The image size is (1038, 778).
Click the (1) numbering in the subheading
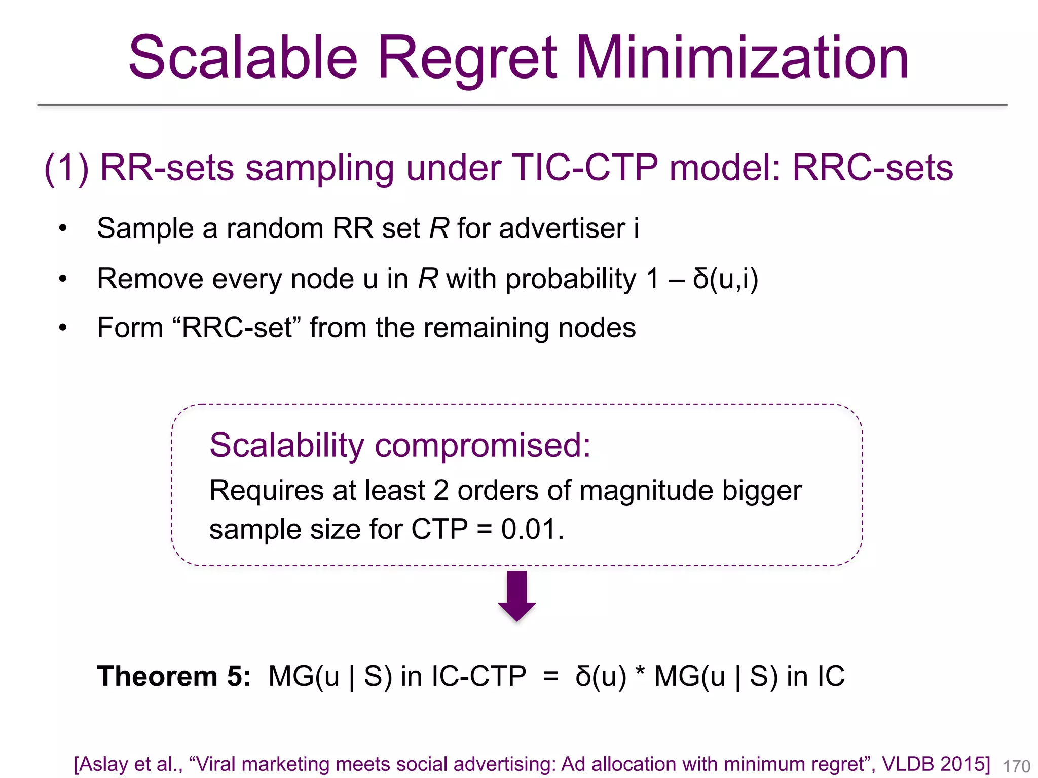click(66, 168)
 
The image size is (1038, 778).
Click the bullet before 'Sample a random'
click(63, 228)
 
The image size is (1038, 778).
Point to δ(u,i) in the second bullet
click(725, 279)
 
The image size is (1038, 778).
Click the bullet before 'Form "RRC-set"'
click(63, 328)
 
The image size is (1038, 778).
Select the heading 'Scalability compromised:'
click(400, 445)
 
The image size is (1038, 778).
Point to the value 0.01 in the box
click(531, 529)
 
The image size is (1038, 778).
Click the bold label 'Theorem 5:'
click(174, 676)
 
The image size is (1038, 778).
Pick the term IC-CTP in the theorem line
click(479, 676)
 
